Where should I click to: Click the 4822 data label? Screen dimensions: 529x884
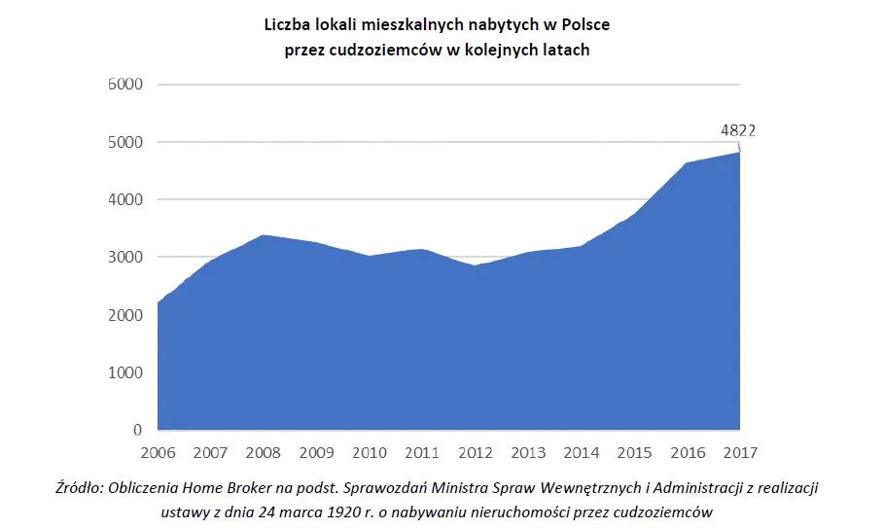pyautogui.click(x=738, y=129)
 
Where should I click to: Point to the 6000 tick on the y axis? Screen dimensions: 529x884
pyautogui.click(x=124, y=85)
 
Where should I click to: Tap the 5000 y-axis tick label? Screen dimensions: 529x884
pyautogui.click(x=124, y=142)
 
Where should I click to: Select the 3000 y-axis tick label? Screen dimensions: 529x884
pyautogui.click(x=124, y=258)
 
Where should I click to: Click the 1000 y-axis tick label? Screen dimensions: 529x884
pyautogui.click(x=124, y=372)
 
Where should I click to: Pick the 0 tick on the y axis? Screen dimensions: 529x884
pyautogui.click(x=137, y=430)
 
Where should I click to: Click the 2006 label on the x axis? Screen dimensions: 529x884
pyautogui.click(x=158, y=453)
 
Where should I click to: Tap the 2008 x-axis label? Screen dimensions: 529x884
pyautogui.click(x=264, y=453)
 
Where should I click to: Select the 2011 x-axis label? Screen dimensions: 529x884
pyautogui.click(x=422, y=453)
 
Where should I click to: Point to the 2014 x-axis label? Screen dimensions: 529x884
pyautogui.click(x=581, y=453)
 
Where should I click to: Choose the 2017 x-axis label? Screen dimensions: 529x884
pyautogui.click(x=739, y=453)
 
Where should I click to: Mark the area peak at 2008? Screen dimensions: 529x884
pyautogui.click(x=264, y=235)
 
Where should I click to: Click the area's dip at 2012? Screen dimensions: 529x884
pyautogui.click(x=476, y=265)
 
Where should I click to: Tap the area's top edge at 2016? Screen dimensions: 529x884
pyautogui.click(x=687, y=163)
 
